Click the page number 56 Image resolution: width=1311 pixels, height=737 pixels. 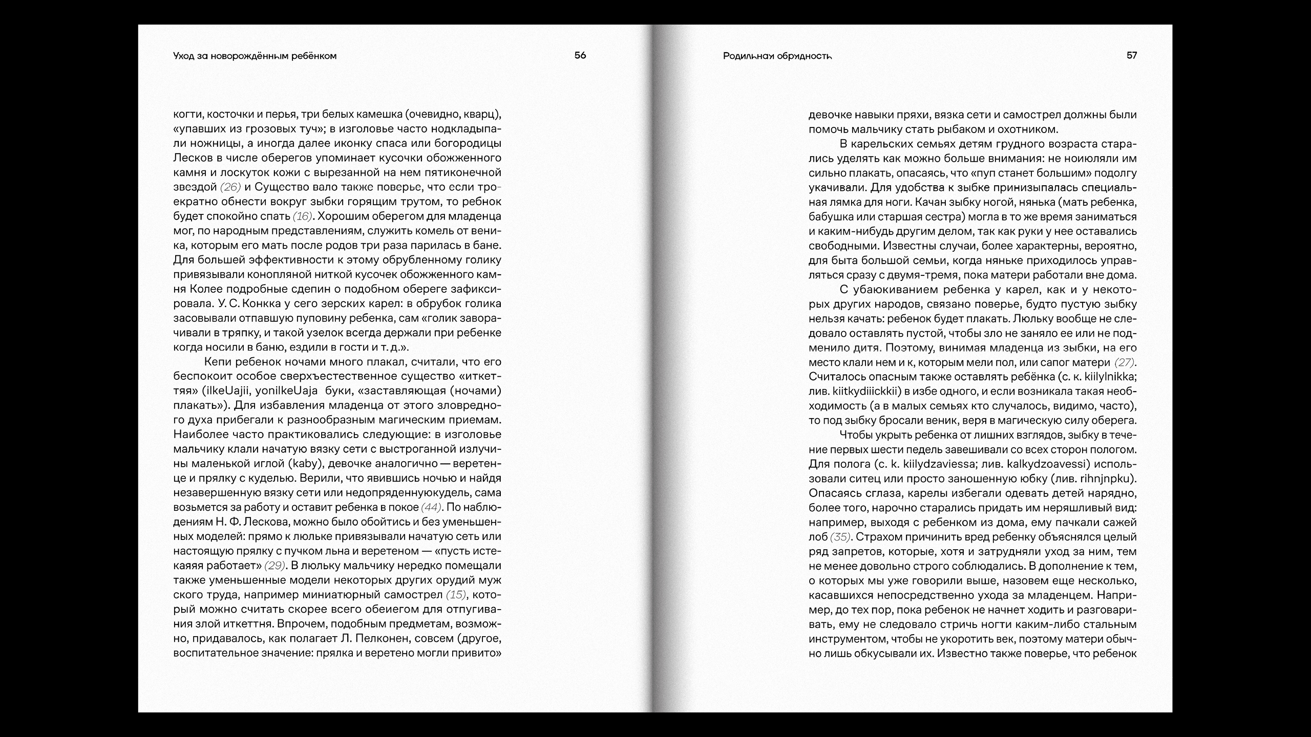[x=580, y=55]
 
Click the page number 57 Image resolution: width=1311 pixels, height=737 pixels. [x=1132, y=55]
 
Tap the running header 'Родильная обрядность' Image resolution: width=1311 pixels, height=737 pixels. [x=777, y=56]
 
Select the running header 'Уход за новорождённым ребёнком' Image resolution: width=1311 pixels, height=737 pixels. [x=255, y=56]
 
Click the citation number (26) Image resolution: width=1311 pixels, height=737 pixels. [x=230, y=187]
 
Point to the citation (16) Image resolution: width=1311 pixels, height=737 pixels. [x=303, y=216]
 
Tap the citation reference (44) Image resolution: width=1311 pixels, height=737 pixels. [x=431, y=507]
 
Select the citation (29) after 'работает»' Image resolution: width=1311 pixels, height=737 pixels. [x=274, y=566]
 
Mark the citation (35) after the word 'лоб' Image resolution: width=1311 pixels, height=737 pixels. [x=840, y=537]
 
